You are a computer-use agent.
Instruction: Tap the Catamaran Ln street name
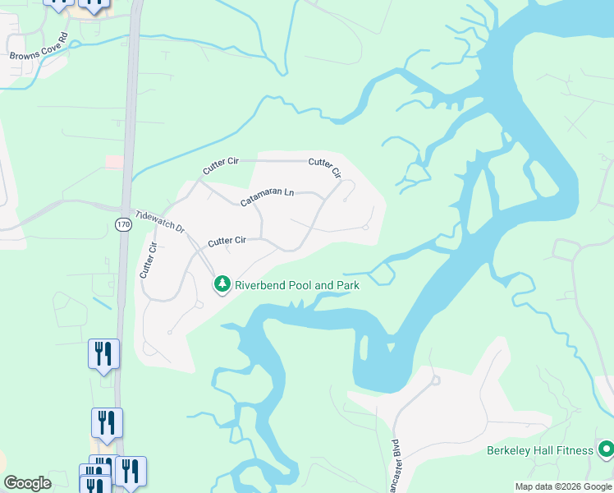coord(267,197)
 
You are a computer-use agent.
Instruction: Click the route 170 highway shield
coord(123,224)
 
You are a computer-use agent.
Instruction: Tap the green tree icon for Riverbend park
coord(222,284)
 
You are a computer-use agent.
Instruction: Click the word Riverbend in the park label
coord(261,285)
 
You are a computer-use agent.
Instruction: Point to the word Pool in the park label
coord(300,285)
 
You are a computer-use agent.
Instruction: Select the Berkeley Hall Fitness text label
coord(539,450)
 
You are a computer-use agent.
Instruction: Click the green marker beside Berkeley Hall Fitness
coord(606,449)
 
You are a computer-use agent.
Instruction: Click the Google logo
coord(27,483)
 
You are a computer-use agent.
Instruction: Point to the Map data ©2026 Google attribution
coord(562,486)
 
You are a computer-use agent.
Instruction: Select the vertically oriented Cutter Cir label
coord(148,259)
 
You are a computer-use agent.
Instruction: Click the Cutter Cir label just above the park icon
coord(227,242)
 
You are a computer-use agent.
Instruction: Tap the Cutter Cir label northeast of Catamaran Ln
coord(325,168)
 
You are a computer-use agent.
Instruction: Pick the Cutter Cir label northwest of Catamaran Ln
coord(220,166)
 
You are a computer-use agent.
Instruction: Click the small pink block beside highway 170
coord(114,162)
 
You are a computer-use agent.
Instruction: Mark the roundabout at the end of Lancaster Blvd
coord(434,380)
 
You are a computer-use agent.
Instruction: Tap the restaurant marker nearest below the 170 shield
coord(104,354)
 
